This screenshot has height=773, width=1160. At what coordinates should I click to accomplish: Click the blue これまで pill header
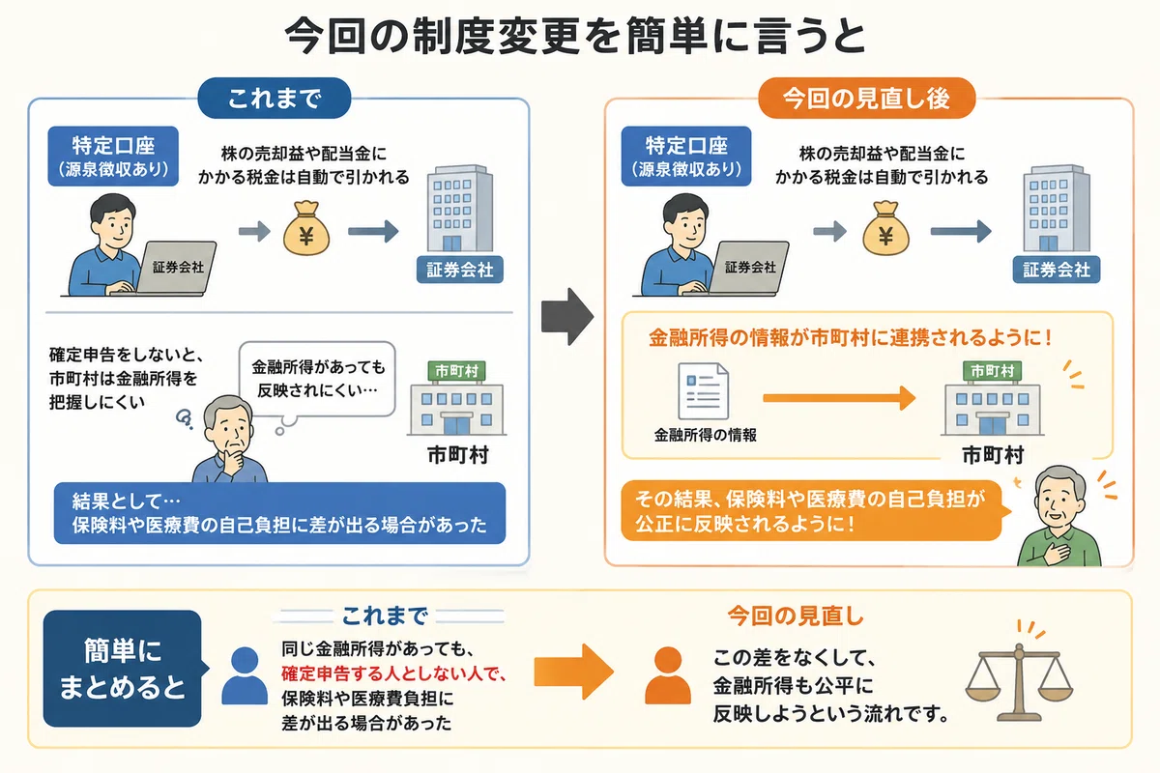[x=274, y=98]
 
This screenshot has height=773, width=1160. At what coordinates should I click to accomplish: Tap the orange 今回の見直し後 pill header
[x=866, y=98]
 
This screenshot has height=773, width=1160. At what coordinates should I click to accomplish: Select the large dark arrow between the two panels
[x=567, y=316]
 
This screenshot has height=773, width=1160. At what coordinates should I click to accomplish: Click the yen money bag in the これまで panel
[x=306, y=228]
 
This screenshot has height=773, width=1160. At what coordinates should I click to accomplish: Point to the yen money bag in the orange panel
[x=885, y=228]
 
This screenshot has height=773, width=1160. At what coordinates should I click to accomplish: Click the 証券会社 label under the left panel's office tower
[x=460, y=270]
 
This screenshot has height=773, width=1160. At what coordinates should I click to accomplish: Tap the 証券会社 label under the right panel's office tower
[x=1057, y=270]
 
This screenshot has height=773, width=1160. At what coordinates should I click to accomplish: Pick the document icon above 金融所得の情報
[x=704, y=391]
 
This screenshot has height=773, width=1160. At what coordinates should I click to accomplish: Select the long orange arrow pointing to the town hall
[x=839, y=398]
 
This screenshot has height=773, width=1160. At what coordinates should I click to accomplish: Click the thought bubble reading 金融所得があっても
[x=317, y=379]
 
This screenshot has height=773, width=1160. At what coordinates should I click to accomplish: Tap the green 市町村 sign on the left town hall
[x=456, y=371]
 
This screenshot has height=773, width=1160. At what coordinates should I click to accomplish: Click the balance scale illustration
[x=1019, y=673]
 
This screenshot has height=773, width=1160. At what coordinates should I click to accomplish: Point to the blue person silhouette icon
[x=245, y=675]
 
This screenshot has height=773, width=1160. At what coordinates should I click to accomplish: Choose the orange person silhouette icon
[x=668, y=675]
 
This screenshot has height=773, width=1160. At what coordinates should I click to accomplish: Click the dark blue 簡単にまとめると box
[x=122, y=669]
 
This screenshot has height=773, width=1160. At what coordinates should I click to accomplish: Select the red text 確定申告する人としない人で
[x=393, y=673]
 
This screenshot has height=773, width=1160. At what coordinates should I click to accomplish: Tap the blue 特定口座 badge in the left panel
[x=113, y=156]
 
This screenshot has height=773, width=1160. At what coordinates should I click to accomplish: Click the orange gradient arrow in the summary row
[x=574, y=672]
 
